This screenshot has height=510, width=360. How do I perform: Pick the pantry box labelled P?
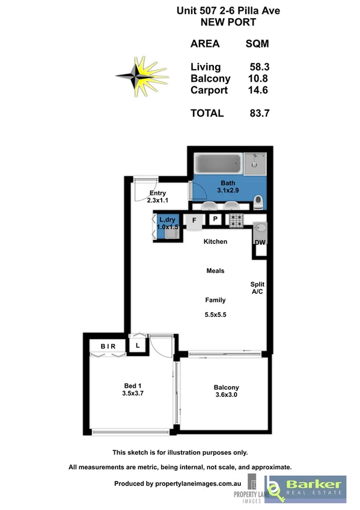point(215,220)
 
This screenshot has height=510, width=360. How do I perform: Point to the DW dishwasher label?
point(260,243)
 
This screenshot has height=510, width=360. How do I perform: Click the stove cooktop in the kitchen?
point(235,221)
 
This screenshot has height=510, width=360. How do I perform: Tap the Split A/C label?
point(257,288)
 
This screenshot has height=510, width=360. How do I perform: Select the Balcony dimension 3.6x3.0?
point(227,396)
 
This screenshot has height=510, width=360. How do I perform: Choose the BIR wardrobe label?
point(108,346)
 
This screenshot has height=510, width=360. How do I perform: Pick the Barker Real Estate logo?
point(307,487)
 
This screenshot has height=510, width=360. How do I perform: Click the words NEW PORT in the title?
point(228,22)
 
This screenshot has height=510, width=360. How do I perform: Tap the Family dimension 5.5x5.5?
point(215,314)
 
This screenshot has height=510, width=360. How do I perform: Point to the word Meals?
point(215,271)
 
